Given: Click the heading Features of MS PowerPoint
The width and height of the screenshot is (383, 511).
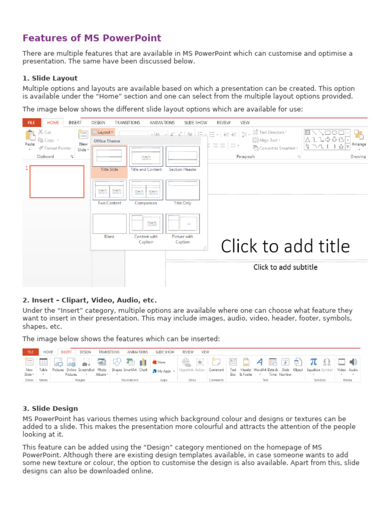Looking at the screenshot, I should point(92,38).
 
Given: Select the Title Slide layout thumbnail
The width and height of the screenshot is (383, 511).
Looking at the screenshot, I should point(109,157).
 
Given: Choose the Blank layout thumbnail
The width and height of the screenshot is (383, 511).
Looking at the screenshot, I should point(109,224).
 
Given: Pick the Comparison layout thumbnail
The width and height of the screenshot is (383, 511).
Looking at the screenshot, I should point(146,190).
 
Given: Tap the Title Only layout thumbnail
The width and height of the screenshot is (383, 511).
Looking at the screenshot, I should point(183,190).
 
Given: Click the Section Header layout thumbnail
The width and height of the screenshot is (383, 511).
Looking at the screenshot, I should point(183,157).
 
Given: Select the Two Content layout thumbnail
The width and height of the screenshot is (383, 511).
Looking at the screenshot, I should point(109,190).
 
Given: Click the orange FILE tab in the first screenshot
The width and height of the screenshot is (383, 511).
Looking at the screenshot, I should point(31,123).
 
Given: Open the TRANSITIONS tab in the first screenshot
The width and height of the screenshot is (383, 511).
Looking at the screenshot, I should point(127,123).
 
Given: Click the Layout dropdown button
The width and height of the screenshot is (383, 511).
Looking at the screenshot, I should point(103,132).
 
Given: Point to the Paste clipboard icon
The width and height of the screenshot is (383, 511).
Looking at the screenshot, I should point(30,135).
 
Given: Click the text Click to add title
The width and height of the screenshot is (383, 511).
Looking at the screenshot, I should point(285,246).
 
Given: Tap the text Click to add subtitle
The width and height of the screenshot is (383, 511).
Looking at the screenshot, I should point(285,267).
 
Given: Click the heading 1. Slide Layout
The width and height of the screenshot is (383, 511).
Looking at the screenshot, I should point(50,78).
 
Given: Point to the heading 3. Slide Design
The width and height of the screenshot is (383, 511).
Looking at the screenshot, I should point(50,409).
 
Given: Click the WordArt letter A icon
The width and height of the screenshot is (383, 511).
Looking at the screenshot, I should point(260,362).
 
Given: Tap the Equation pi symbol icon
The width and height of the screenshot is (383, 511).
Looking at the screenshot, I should point(314,362).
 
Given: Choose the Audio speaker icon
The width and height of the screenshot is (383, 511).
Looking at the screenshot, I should point(353,362).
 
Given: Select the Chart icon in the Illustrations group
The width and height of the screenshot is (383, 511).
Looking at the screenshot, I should point(143,362).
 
